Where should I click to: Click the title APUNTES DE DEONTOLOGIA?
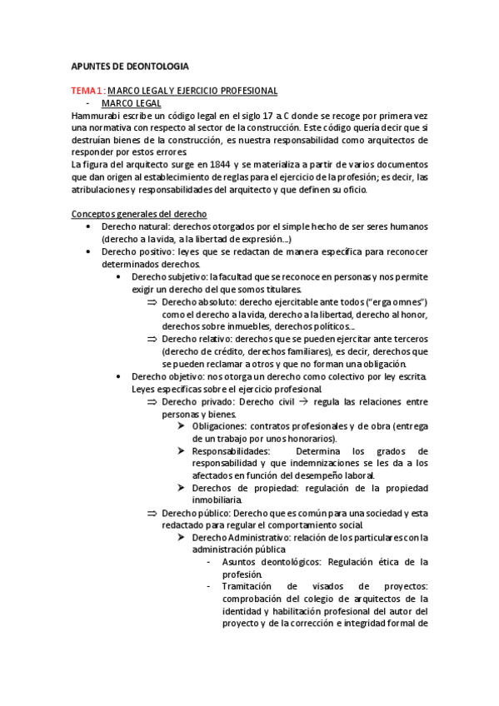(x=130, y=65)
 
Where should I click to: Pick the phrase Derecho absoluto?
(x=197, y=301)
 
